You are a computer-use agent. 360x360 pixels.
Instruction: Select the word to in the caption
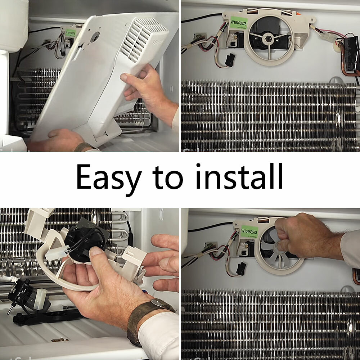click(x=168, y=177)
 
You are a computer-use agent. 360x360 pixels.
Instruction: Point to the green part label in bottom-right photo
click(x=249, y=231)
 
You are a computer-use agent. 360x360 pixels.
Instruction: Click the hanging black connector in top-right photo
click(x=229, y=60)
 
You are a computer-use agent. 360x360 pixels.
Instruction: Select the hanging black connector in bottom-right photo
click(x=240, y=269)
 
